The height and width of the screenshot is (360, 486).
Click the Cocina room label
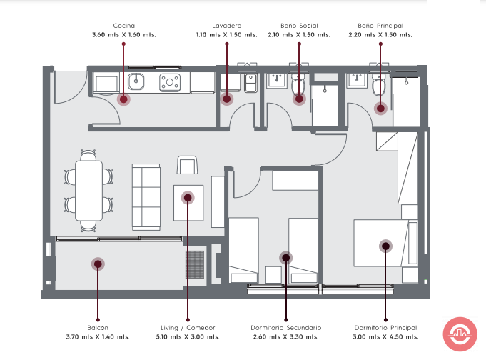pyautogui.click(x=123, y=26)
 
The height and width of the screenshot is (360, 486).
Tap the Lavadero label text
pyautogui.click(x=226, y=26)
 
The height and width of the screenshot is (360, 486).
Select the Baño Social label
pyautogui.click(x=299, y=26)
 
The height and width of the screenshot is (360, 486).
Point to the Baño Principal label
pyautogui.click(x=380, y=26)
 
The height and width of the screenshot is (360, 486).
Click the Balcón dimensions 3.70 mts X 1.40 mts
pyautogui.click(x=98, y=336)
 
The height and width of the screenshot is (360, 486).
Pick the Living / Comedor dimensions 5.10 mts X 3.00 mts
pyautogui.click(x=188, y=336)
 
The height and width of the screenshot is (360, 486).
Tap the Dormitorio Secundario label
pyautogui.click(x=285, y=328)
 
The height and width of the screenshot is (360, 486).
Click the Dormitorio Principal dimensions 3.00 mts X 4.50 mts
pyautogui.click(x=385, y=336)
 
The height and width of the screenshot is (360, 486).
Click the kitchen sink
pyautogui.click(x=136, y=81)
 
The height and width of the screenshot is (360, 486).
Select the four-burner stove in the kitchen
pyautogui.click(x=170, y=82)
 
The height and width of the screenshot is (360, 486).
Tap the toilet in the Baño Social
pyautogui.click(x=298, y=84)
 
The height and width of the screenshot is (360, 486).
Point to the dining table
pyautogui.click(x=88, y=191)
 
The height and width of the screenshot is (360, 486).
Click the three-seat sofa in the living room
pyautogui.click(x=146, y=197)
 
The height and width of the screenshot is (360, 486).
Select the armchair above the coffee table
pyautogui.click(x=187, y=165)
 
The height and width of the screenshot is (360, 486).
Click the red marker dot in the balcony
pyautogui.click(x=98, y=264)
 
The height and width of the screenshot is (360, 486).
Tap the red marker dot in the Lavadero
pyautogui.click(x=227, y=99)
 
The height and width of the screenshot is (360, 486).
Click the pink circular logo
pyautogui.click(x=460, y=334)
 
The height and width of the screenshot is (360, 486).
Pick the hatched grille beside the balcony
pyautogui.click(x=195, y=265)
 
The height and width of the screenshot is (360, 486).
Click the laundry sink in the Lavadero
pyautogui.click(x=250, y=83)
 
